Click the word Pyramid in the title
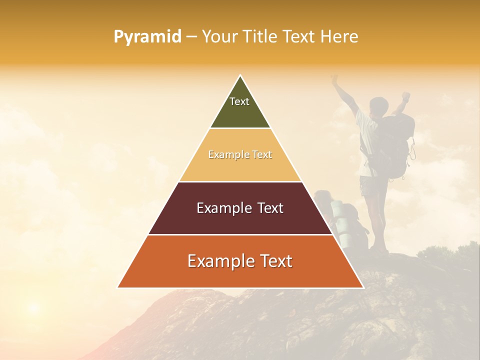147,37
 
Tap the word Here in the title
339,36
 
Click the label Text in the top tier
239,101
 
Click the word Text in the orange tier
272,261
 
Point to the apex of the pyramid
240,76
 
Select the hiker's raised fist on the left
334,78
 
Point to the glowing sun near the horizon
33,306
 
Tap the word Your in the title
219,37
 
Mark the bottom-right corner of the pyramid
363,287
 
